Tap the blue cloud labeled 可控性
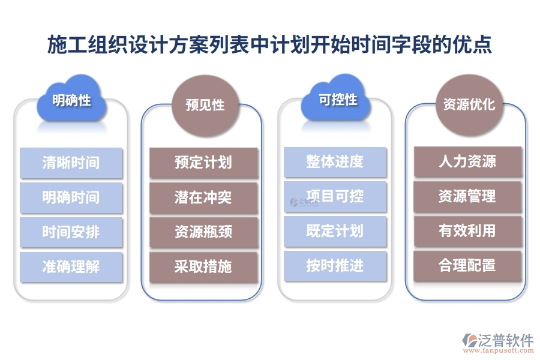[337, 100]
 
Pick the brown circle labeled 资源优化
[469, 104]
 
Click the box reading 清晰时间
[71, 163]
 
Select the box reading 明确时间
[71, 197]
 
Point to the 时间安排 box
[71, 232]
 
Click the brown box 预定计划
[203, 163]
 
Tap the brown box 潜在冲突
[203, 197]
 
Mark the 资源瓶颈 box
[203, 232]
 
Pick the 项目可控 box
[335, 196]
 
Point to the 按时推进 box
[335, 266]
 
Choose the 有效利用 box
[467, 231]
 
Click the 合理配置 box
[467, 266]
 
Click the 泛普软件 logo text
[506, 340]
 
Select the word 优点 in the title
[477, 45]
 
